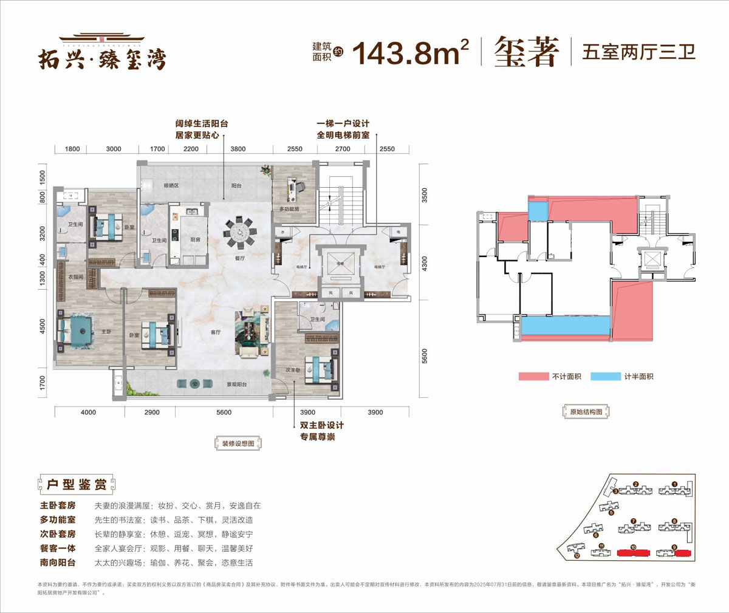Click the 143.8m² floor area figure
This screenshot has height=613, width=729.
pyautogui.click(x=410, y=53)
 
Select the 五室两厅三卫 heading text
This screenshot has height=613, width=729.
pyautogui.click(x=638, y=52)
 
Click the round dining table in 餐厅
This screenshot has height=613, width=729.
pyautogui.click(x=240, y=232)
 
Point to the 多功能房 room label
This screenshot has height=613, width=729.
pyautogui.click(x=289, y=209)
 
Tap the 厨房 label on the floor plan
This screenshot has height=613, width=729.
pyautogui.click(x=195, y=240)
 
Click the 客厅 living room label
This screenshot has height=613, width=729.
pyautogui.click(x=216, y=332)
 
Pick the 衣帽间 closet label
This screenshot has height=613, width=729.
pyautogui.click(x=75, y=277)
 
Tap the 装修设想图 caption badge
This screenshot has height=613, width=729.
pyautogui.click(x=238, y=443)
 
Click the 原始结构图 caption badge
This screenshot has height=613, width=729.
pyautogui.click(x=586, y=412)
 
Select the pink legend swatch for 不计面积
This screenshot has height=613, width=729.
pyautogui.click(x=533, y=377)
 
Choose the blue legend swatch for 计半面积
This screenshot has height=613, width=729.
pyautogui.click(x=605, y=377)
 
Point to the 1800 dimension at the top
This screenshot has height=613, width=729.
pyautogui.click(x=72, y=149)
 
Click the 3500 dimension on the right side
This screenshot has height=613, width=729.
pyautogui.click(x=424, y=195)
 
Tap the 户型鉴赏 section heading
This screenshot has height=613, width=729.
pyautogui.click(x=76, y=484)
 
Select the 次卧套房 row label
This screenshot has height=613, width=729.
pyautogui.click(x=58, y=534)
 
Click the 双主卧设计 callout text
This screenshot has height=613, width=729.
pyautogui.click(x=321, y=425)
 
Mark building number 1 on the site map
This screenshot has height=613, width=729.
pyautogui.click(x=674, y=485)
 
